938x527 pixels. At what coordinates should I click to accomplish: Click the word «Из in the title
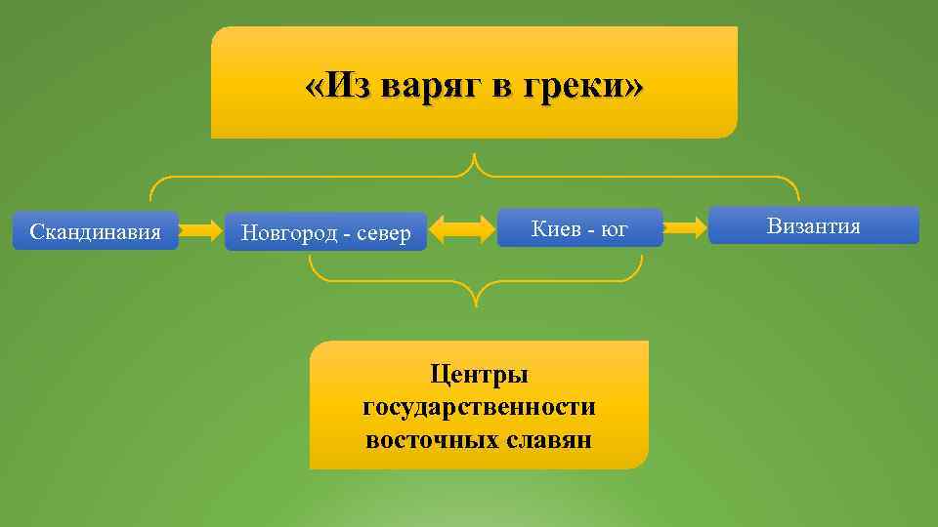[337, 87]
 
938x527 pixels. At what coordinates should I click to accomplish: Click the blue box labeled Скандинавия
[95, 231]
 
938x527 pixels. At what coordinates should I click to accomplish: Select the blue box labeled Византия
[813, 225]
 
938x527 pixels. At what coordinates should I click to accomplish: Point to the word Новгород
[287, 233]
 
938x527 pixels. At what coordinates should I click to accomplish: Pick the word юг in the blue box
[615, 229]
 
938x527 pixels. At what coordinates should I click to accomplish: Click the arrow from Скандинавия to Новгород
[201, 231]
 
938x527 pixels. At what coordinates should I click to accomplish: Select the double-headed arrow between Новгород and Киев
[462, 230]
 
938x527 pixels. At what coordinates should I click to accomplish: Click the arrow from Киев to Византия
[685, 228]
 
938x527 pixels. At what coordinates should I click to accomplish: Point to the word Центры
[479, 374]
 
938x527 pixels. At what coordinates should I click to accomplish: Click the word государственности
[479, 406]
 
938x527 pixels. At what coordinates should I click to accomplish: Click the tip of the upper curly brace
[475, 157]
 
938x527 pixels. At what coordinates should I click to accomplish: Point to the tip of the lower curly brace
[476, 303]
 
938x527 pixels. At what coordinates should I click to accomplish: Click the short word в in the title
[499, 87]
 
